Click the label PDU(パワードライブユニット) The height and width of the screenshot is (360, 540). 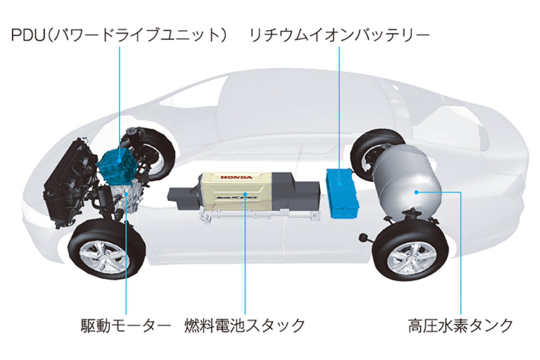[119, 35]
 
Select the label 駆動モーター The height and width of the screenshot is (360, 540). [126, 326]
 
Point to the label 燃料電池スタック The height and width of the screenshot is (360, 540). [245, 326]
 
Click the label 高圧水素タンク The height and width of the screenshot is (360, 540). [461, 326]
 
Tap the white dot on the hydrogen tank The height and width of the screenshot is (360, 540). [417, 192]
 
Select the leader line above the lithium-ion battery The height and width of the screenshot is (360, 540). [339, 108]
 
